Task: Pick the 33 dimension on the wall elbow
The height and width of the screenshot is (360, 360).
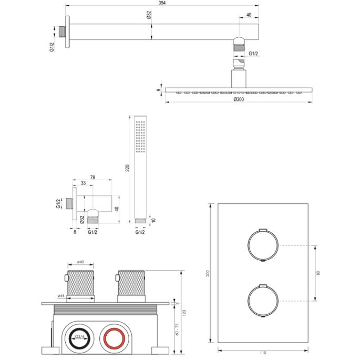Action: [x=83, y=183]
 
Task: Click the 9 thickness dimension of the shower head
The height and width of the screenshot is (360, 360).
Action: [x=158, y=90]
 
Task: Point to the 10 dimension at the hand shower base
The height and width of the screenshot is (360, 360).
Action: [x=153, y=219]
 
